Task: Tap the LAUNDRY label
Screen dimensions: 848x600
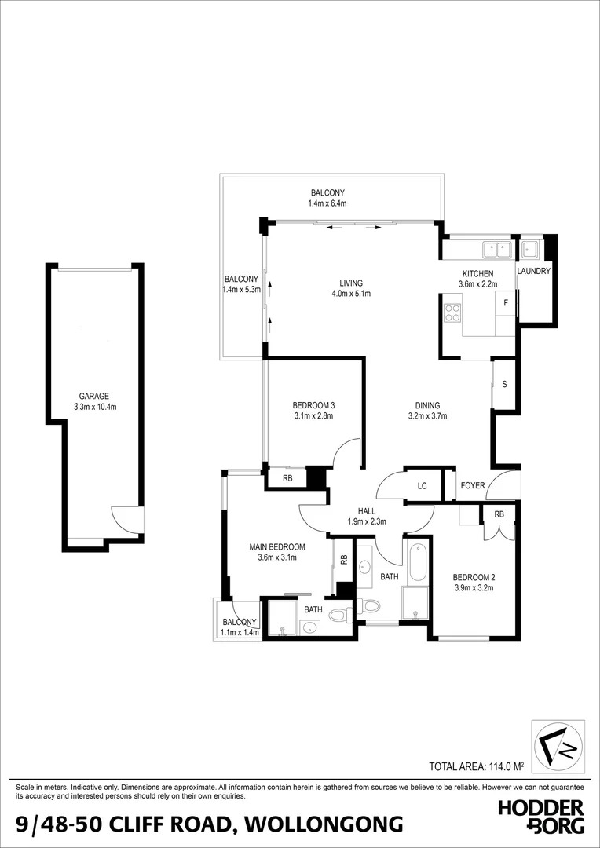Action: click(x=534, y=271)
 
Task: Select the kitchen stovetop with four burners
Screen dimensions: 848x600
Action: click(x=453, y=313)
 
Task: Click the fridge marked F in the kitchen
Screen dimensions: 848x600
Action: click(x=506, y=302)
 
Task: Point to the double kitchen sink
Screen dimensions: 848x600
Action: click(x=496, y=250)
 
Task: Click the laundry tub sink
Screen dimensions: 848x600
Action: click(x=529, y=250)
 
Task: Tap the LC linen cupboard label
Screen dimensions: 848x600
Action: click(x=422, y=486)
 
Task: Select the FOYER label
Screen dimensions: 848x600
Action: click(x=473, y=486)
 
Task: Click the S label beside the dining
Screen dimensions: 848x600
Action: click(x=504, y=384)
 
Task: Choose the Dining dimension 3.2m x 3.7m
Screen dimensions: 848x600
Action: click(x=428, y=416)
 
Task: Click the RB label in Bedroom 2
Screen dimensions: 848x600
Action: click(x=499, y=514)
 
